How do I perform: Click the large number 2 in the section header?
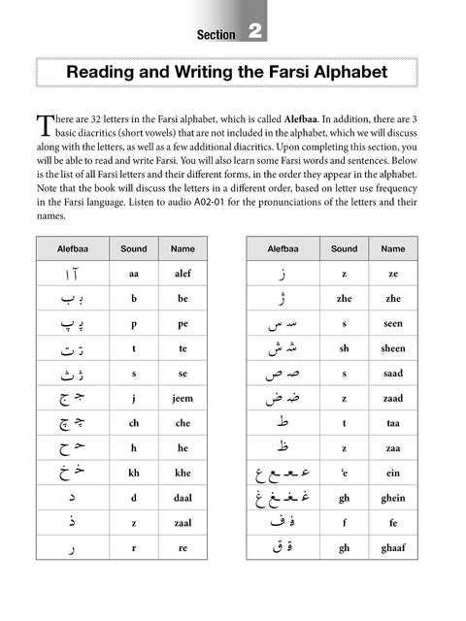click(255, 32)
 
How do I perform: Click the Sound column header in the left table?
click(133, 249)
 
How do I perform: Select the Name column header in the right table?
click(393, 249)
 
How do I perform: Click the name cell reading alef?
click(183, 275)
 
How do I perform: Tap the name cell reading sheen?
click(393, 349)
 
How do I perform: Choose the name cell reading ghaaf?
click(393, 548)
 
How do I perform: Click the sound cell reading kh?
click(133, 474)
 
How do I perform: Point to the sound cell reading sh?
click(344, 349)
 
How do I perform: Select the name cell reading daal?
click(183, 499)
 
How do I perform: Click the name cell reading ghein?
click(393, 499)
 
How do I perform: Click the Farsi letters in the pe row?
click(73, 324)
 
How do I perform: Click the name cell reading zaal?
click(183, 523)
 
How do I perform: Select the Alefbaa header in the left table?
click(73, 249)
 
